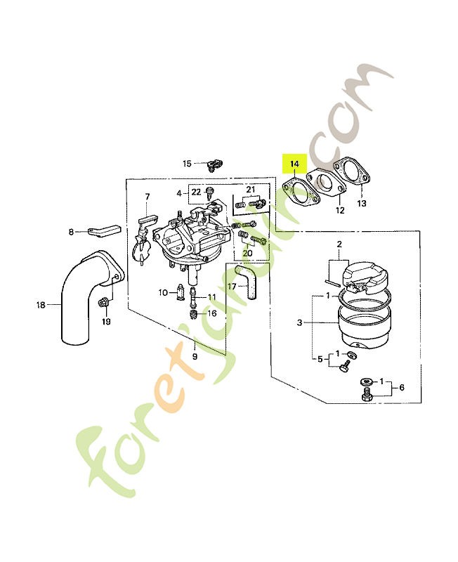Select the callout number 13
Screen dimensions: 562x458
coord(362,204)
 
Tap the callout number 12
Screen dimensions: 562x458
coord(339,210)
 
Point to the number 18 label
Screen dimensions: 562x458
coord(41,305)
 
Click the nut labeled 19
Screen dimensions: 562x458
coord(104,303)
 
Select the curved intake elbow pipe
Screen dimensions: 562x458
coord(83,295)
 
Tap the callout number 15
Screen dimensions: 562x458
coord(187,164)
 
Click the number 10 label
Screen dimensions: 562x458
coord(162,292)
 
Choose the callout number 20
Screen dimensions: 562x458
coord(247,253)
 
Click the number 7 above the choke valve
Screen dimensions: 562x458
coord(148,197)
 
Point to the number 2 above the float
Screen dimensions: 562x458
coord(339,244)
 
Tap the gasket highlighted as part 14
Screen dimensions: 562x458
coord(301,196)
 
